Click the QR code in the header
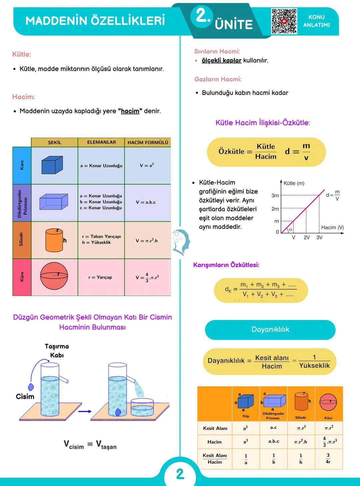[x=284, y=21]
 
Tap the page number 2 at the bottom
[x=180, y=474]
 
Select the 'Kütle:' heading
[x=22, y=54]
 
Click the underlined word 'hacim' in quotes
[x=130, y=111]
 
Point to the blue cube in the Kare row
[x=52, y=166]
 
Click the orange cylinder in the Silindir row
[x=54, y=240]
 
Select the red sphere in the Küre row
[x=54, y=276]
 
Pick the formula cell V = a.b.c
[x=146, y=202]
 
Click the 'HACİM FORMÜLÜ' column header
[x=148, y=143]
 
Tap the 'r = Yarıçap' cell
[x=100, y=277]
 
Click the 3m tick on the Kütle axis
[x=275, y=196]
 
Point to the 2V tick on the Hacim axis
[x=307, y=238]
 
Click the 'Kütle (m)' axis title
[x=294, y=183]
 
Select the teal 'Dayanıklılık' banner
[x=270, y=329]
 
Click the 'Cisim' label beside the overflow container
[x=25, y=396]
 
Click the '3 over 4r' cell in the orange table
[x=328, y=458]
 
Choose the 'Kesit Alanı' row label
[x=215, y=428]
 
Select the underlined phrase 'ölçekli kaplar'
[x=221, y=60]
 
